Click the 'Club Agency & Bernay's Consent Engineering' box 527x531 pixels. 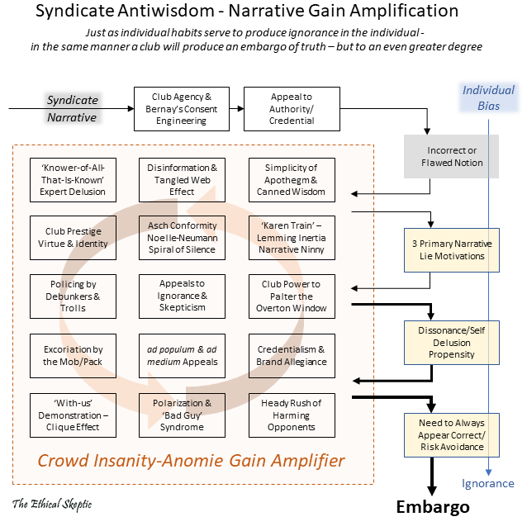tap(182, 109)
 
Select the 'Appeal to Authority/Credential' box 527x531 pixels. tap(292, 109)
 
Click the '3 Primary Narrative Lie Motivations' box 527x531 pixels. tap(451, 250)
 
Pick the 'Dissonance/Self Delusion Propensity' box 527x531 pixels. tap(451, 343)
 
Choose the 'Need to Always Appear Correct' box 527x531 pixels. tap(451, 434)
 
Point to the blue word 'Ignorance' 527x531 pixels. tap(487, 484)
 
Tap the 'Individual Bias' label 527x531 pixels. tap(487, 97)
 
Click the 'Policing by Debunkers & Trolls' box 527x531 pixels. tap(73, 296)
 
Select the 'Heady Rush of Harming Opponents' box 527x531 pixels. tap(292, 415)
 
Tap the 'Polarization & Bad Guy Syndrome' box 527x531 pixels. tap(182, 415)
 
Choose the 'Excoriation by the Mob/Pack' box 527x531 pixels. tap(73, 356)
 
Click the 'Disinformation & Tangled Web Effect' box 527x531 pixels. tap(182, 179)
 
